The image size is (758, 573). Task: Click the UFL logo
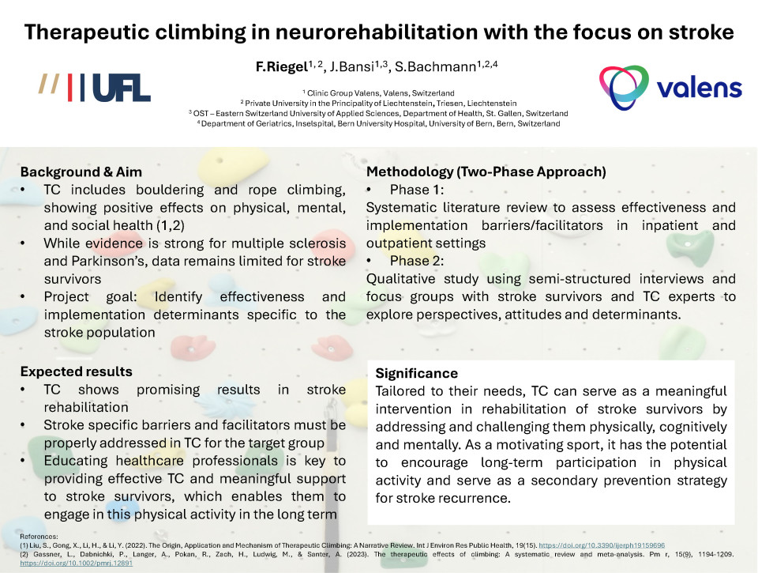(x=95, y=88)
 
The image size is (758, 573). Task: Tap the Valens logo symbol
(x=624, y=87)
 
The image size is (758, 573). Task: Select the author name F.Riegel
(x=281, y=67)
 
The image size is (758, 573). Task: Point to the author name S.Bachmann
(x=436, y=67)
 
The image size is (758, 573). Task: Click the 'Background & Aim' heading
(x=81, y=172)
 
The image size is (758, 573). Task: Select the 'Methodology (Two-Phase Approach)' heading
(x=486, y=172)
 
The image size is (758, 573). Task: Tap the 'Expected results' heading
(x=77, y=371)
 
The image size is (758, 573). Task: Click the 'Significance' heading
(x=417, y=373)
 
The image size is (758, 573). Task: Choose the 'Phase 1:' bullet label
(x=417, y=190)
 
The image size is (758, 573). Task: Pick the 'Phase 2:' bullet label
(x=417, y=261)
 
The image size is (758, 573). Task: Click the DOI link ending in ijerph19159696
(x=602, y=545)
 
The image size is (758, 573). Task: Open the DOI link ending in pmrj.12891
(x=77, y=563)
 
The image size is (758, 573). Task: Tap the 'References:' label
(x=39, y=536)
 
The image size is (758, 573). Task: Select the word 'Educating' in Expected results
(x=76, y=462)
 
